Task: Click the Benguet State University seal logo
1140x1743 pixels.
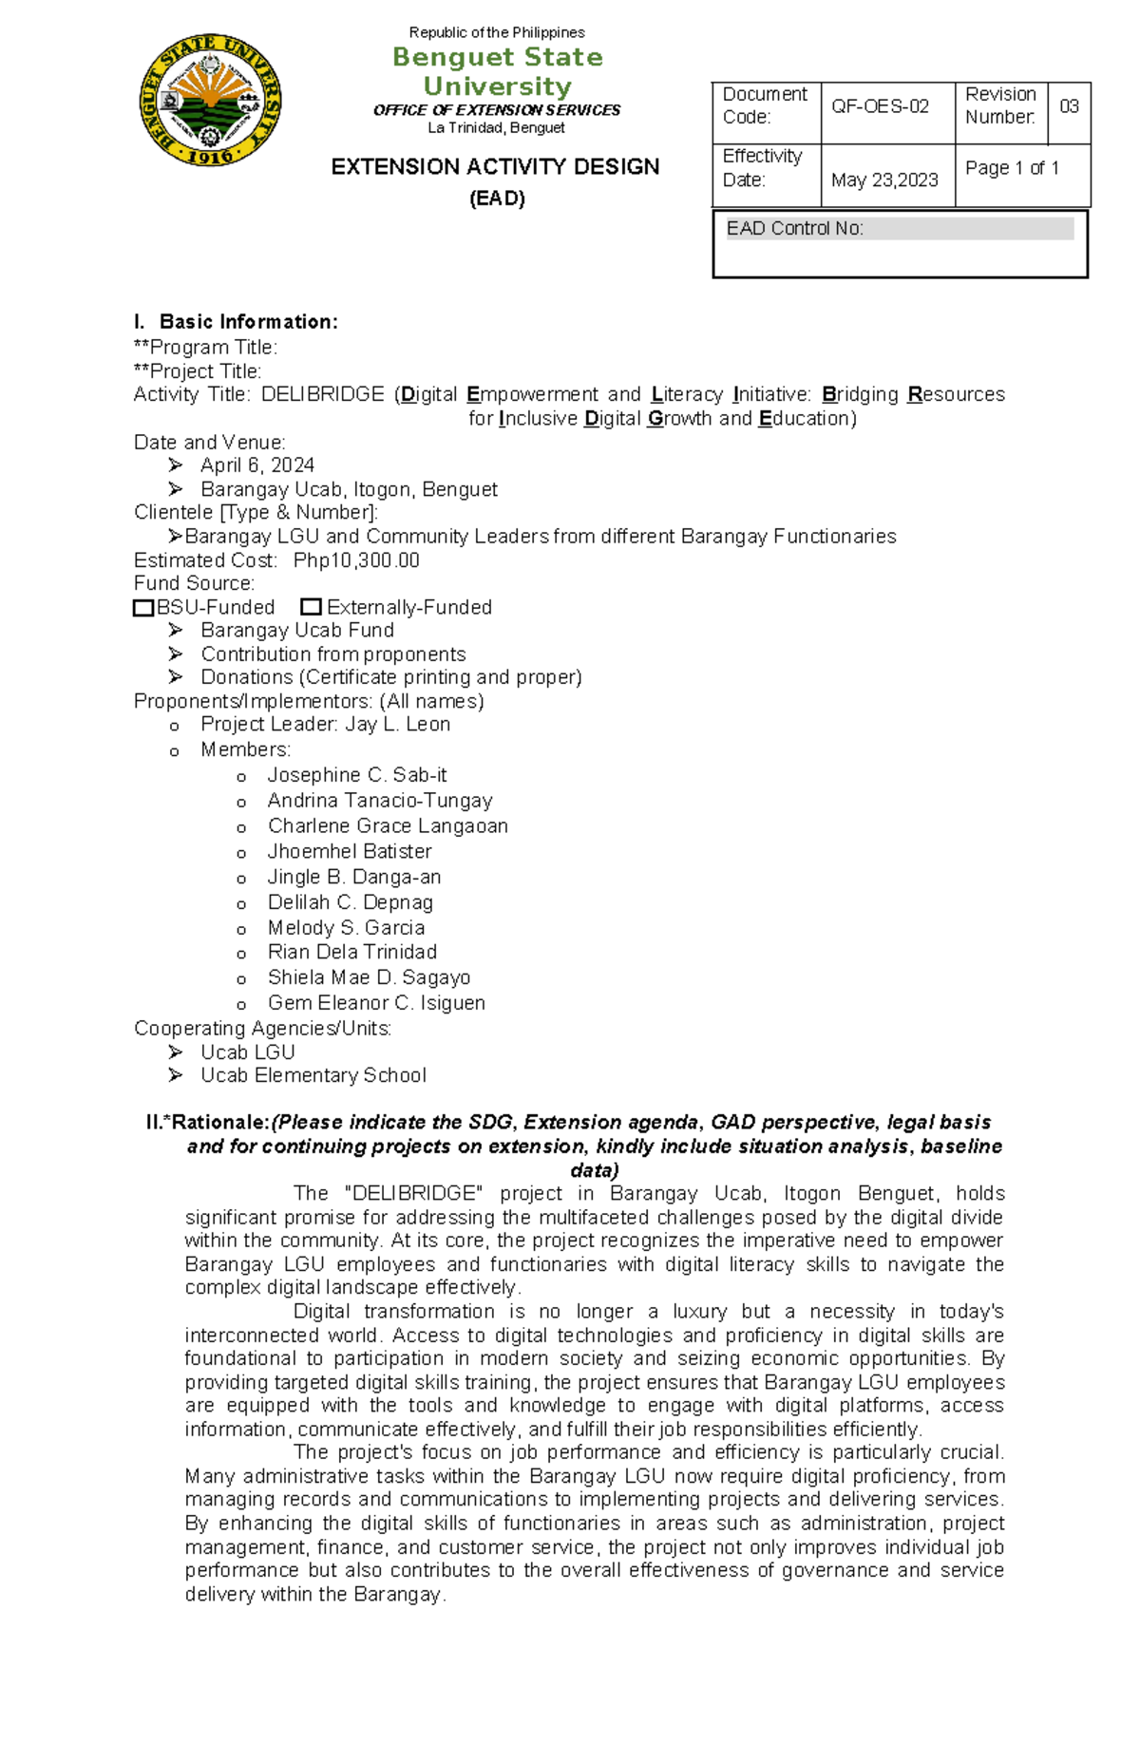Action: click(x=210, y=101)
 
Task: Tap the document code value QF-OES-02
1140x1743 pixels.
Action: click(x=880, y=107)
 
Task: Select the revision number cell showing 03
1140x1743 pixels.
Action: click(x=1069, y=107)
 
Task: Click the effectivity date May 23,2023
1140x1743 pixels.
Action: click(x=884, y=180)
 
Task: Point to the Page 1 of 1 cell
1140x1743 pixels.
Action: click(x=1012, y=168)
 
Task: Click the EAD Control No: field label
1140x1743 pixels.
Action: click(x=794, y=229)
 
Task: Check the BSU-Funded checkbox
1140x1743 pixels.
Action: click(x=143, y=608)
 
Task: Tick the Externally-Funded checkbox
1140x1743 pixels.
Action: click(x=311, y=607)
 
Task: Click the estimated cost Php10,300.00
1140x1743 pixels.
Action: click(x=356, y=560)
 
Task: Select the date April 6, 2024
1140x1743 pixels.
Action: click(x=256, y=465)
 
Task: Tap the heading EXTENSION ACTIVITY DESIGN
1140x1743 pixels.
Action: click(x=495, y=167)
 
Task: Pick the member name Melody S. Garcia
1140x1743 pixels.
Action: click(x=346, y=928)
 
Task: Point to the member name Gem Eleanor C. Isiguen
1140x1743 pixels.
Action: click(x=376, y=1003)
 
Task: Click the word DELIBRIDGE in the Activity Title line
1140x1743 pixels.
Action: click(x=323, y=394)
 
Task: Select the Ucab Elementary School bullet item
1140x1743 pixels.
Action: click(x=313, y=1075)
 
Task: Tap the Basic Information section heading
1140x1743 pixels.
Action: click(x=248, y=322)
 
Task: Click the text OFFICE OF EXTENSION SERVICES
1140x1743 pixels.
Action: click(x=497, y=110)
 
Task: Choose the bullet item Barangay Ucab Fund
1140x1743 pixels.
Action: click(x=296, y=631)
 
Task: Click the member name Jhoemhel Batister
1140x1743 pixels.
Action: click(x=350, y=852)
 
